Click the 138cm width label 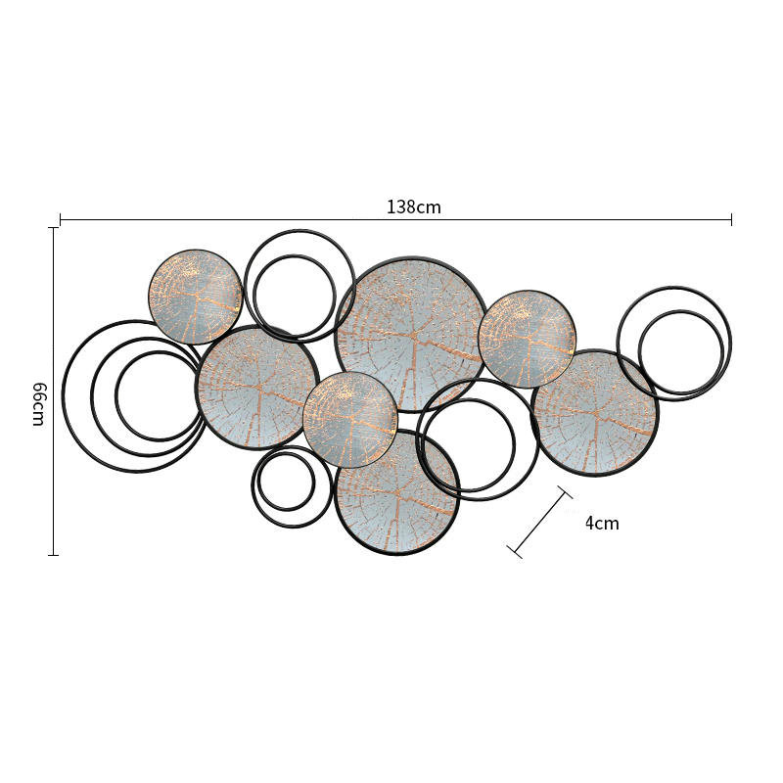tap(414, 207)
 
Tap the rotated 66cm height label tap(39, 404)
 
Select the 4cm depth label tap(602, 524)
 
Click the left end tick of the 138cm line tap(61, 219)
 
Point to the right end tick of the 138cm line tap(731, 219)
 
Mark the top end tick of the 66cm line tap(53, 228)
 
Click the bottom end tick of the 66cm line tap(53, 555)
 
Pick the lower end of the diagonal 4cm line tap(515, 551)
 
